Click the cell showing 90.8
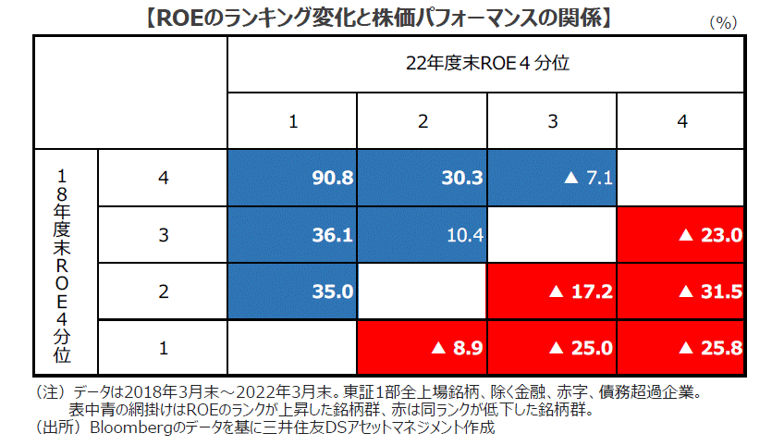[x=292, y=178]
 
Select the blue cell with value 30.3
[x=422, y=178]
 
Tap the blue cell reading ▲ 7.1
[x=551, y=178]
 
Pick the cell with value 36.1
[x=292, y=235]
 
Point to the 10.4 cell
[x=422, y=235]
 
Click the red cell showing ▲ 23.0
[x=681, y=235]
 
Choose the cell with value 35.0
[x=292, y=291]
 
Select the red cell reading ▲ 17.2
[x=551, y=291]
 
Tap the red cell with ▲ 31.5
[x=681, y=291]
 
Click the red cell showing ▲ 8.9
[x=422, y=348]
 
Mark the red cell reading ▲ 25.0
[x=551, y=348]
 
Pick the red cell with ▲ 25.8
[x=681, y=348]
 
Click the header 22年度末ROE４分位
[x=485, y=64]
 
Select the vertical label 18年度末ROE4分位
[x=63, y=263]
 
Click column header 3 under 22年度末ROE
[x=551, y=121]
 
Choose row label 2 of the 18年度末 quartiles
[x=163, y=291]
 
